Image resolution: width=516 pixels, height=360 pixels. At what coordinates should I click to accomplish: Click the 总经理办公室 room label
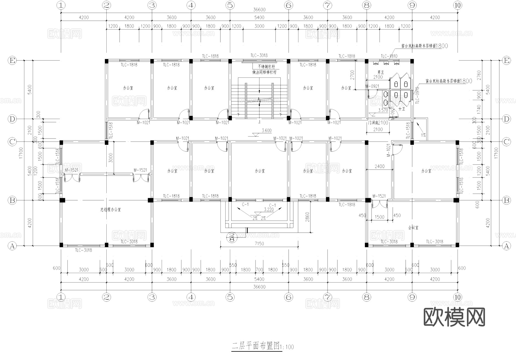pos(110,210)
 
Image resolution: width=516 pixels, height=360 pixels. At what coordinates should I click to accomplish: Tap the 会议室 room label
pos(413,227)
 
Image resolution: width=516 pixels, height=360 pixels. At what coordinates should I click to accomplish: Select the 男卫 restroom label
pos(380,72)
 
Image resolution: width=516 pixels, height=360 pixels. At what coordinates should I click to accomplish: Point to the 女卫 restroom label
pos(402,109)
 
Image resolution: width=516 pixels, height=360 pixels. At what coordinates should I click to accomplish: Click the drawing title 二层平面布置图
pos(255,346)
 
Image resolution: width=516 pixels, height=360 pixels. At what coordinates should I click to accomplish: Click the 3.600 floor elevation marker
pos(266,131)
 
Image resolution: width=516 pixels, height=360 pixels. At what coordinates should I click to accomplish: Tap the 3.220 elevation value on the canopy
pos(269,210)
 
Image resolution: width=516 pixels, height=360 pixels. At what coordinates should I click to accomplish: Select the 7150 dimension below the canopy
pos(259,244)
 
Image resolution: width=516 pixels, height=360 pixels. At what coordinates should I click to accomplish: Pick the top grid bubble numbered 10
pos(458,5)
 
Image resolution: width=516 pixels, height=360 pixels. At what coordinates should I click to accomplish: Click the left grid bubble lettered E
pos(12,61)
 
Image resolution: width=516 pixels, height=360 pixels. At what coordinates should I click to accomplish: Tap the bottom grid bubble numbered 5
pos(230,297)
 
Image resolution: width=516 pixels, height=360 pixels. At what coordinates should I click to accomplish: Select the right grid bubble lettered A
pos(507,246)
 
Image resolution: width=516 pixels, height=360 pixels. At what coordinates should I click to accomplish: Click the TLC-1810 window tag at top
pos(389,56)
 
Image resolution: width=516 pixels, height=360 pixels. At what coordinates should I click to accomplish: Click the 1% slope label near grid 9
pos(423,135)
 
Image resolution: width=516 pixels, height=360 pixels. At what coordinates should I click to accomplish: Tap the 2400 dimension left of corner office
pos(380,166)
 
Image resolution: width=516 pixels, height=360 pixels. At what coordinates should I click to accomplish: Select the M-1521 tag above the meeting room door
pos(379,196)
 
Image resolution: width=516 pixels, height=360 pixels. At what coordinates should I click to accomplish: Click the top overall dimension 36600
pos(259,10)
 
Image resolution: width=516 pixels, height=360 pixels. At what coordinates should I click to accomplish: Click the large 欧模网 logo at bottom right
pos(454,317)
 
